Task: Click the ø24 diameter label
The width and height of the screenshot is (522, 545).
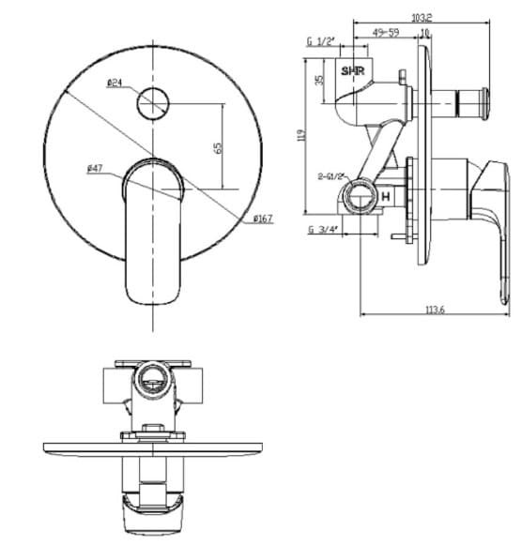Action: [x=115, y=83]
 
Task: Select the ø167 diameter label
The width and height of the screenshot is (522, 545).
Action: [x=263, y=219]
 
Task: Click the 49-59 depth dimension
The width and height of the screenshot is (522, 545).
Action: [x=386, y=32]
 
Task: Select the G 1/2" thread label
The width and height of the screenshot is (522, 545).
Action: [x=321, y=42]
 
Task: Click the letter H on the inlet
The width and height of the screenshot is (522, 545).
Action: [x=385, y=196]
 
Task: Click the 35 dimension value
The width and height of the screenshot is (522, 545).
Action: [x=319, y=81]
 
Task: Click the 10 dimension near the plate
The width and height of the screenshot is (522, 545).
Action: [x=424, y=32]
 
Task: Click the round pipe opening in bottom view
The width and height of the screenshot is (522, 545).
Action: [x=152, y=381]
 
